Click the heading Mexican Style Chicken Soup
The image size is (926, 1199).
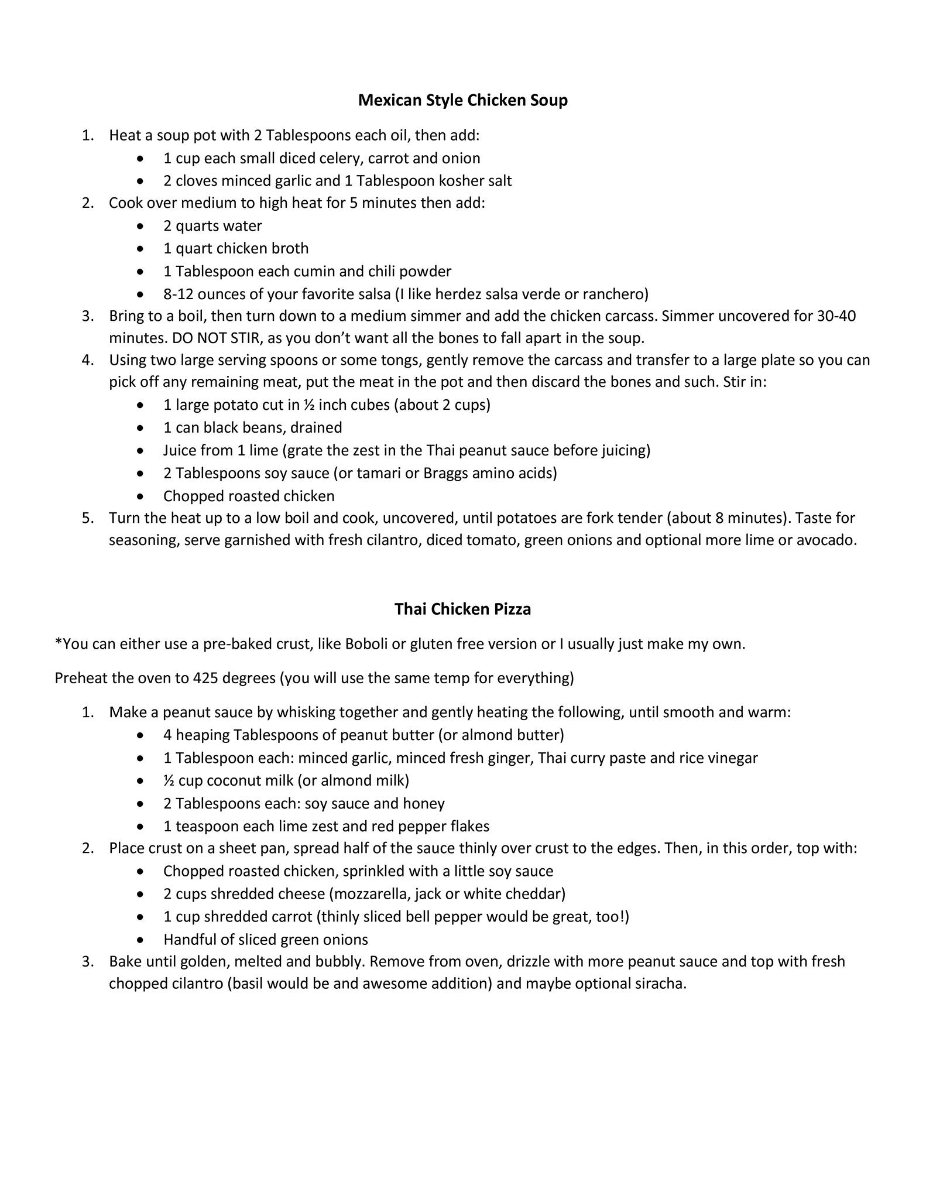click(x=462, y=100)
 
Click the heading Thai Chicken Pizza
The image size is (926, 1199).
click(x=462, y=609)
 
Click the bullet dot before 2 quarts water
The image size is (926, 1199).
click(x=140, y=226)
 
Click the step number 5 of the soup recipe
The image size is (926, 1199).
click(x=87, y=518)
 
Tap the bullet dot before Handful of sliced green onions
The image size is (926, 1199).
click(x=140, y=940)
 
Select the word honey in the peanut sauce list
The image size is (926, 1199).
click(x=426, y=803)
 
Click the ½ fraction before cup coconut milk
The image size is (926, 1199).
click(x=169, y=780)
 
